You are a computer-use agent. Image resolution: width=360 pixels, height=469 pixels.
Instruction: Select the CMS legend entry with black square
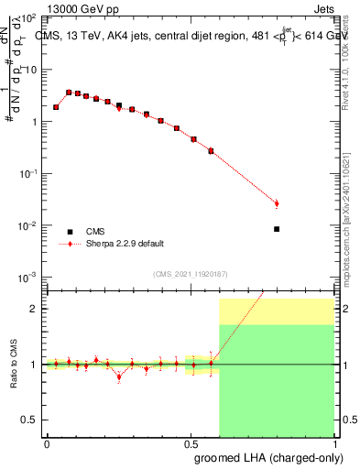click(70, 232)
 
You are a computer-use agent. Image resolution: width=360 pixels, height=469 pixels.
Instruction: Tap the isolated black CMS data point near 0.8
click(277, 229)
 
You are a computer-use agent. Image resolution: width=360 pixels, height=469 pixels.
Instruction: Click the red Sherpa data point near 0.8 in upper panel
click(277, 203)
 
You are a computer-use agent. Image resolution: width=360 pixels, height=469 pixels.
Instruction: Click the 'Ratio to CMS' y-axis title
click(13, 379)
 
